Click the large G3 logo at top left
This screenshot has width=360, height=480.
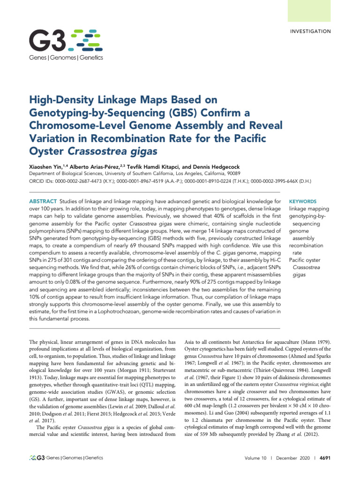coord(66,41)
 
